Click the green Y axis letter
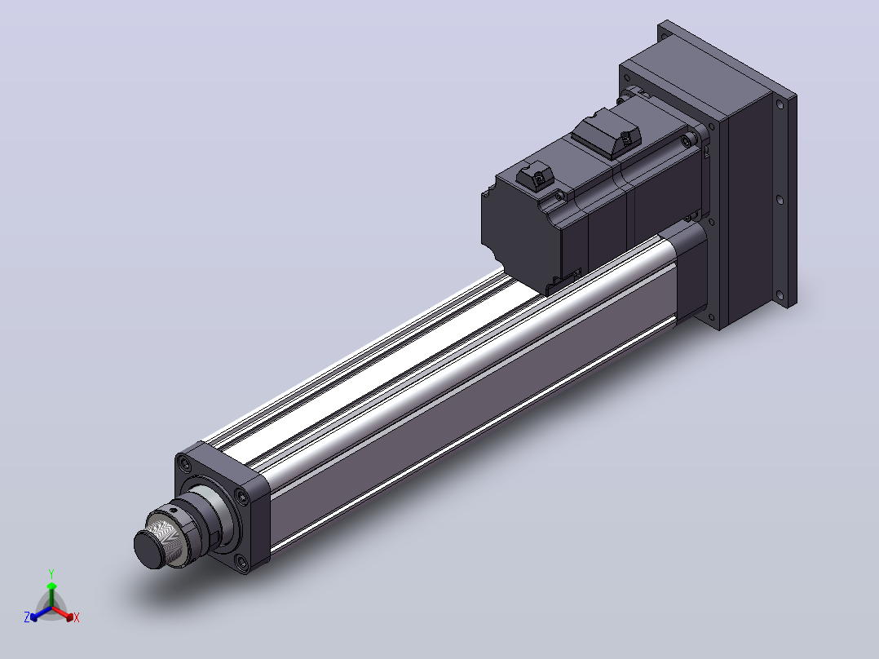point(51,573)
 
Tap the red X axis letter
point(77,617)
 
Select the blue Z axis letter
point(27,617)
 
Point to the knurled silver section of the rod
point(167,538)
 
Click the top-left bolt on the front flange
point(185,463)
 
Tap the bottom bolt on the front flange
point(241,561)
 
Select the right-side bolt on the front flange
point(241,497)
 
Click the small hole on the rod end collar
point(175,511)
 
